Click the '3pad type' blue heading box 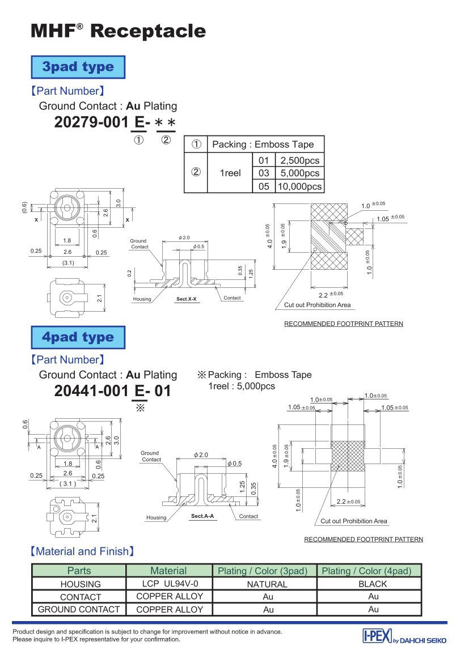(x=78, y=67)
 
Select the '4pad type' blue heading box (x=78, y=337)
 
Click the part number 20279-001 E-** (x=115, y=122)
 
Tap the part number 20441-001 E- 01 (x=112, y=391)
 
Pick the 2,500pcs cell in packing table (x=299, y=160)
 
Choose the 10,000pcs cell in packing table (x=299, y=186)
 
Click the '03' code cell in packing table (x=264, y=173)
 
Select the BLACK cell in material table (x=373, y=584)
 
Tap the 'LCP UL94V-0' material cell (x=169, y=583)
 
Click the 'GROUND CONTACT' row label (x=79, y=609)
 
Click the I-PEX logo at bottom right (x=404, y=638)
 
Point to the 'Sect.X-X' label (x=186, y=298)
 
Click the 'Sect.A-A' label (x=202, y=516)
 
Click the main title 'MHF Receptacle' (x=118, y=31)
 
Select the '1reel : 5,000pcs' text (x=242, y=386)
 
